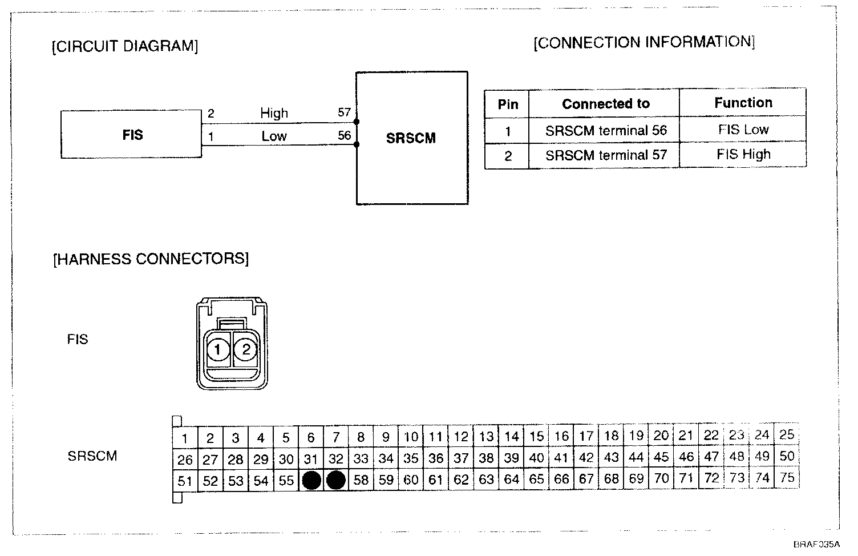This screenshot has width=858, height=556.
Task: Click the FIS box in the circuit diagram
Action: point(131,135)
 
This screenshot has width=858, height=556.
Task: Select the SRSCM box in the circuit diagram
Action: point(411,138)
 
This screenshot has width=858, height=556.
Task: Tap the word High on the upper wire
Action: point(274,113)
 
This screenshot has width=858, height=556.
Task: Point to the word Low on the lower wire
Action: point(274,136)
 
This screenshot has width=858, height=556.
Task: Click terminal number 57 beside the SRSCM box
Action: point(344,112)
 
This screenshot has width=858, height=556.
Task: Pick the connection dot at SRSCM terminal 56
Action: point(357,144)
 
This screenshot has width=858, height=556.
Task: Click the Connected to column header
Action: point(605,104)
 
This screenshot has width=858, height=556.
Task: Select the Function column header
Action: point(743,103)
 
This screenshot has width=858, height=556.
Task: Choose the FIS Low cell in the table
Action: point(743,130)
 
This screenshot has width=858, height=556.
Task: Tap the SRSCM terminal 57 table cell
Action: point(605,155)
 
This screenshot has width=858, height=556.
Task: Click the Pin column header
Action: point(508,104)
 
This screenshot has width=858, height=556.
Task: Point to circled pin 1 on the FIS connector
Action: point(217,349)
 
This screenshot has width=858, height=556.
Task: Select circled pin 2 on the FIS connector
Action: point(246,349)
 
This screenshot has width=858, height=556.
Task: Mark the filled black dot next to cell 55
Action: point(311,480)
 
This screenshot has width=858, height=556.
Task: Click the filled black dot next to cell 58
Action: point(336,480)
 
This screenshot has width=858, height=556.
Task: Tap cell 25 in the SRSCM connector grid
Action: point(787,435)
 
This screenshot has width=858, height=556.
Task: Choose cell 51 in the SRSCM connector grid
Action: point(185,481)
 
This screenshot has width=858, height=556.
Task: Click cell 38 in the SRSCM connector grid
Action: point(486,458)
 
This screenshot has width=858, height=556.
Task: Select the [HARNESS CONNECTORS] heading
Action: point(151,259)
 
